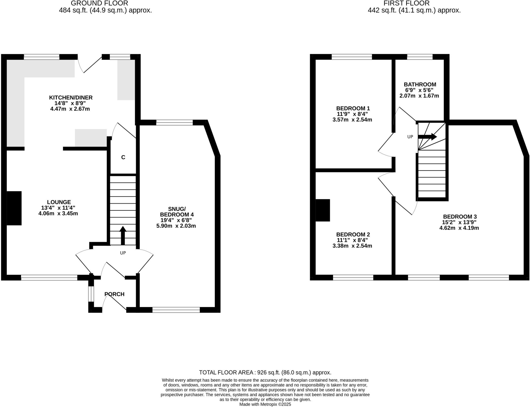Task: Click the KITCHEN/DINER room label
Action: point(71,98)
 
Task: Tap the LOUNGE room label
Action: point(59,202)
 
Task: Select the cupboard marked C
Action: point(123,157)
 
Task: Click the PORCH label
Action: point(114,294)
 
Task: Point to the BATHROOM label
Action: point(420,84)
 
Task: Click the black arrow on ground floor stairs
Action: point(123,235)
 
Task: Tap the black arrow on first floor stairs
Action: point(428,137)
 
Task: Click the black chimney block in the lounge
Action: point(14,208)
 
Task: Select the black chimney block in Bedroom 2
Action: point(323,210)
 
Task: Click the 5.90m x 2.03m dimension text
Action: point(176,226)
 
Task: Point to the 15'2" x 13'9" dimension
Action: point(459,222)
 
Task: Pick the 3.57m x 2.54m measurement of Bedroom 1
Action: point(352,120)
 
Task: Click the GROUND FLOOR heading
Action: point(99,3)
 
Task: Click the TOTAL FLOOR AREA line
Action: point(265,373)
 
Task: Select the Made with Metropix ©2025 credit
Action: point(265,404)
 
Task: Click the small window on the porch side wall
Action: point(91,294)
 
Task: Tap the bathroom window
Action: point(420,57)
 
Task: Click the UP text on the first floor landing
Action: point(410,137)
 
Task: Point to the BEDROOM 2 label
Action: point(353,234)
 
